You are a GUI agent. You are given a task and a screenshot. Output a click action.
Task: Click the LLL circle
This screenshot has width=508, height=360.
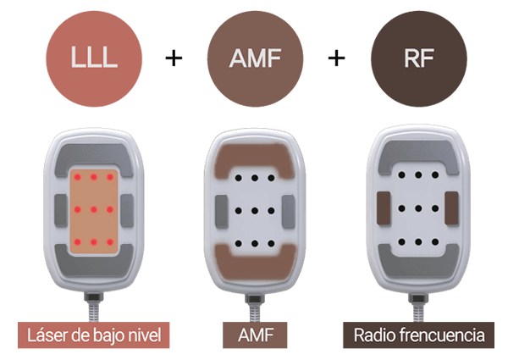pos(92,58)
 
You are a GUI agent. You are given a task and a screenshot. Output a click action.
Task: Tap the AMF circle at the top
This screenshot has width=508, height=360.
pos(255,58)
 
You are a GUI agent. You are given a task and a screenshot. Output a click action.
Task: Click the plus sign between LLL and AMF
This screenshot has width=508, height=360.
pos(174,58)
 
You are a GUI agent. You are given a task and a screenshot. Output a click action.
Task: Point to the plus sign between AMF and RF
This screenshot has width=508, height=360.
pos(337,58)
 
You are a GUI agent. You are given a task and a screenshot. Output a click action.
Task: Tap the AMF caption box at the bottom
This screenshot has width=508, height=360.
pos(255,335)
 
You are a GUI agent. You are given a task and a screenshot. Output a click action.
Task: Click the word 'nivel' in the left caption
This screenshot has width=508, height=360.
pos(143,335)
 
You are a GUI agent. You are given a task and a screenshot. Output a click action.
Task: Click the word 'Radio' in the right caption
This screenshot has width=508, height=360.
pos(375,335)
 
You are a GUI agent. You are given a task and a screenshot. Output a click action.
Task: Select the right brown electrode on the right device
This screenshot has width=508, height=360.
pos(450,208)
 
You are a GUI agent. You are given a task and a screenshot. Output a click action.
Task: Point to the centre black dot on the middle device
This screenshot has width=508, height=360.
pos(255,209)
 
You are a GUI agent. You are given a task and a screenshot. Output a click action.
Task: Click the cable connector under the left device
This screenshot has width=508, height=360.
pos(93,301)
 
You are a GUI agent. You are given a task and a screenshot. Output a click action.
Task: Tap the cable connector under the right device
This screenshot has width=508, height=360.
pos(416,301)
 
